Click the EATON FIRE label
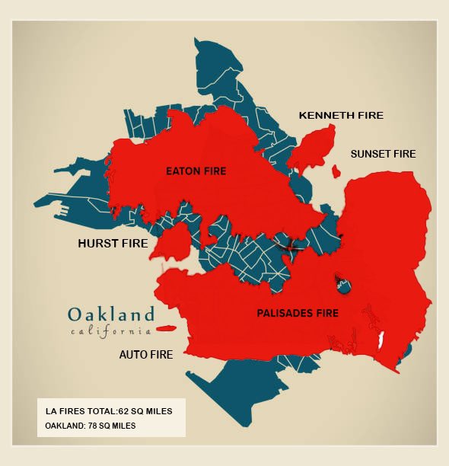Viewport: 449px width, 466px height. (x=196, y=171)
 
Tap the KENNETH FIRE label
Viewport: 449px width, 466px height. (x=341, y=116)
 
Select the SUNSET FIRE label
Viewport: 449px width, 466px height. (x=383, y=154)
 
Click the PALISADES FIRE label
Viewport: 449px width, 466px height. (x=298, y=313)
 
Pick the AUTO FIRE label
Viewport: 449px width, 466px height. (x=146, y=355)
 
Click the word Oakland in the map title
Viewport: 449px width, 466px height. (x=111, y=314)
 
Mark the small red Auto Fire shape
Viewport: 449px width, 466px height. (x=165, y=329)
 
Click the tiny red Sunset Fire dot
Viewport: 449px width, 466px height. (x=336, y=173)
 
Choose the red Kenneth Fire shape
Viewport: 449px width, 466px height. (x=314, y=149)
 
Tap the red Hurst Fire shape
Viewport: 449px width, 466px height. (x=174, y=243)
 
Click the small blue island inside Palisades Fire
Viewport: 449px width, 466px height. (x=345, y=287)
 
